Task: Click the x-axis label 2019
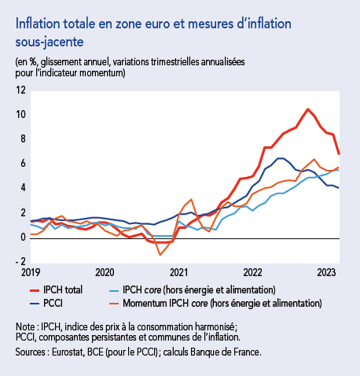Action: [x=29, y=272]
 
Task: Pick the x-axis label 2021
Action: [x=178, y=272]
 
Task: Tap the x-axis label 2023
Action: [x=328, y=272]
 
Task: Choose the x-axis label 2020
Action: [x=104, y=272]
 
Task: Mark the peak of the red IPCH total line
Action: [x=307, y=109]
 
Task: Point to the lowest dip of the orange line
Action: [x=160, y=254]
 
